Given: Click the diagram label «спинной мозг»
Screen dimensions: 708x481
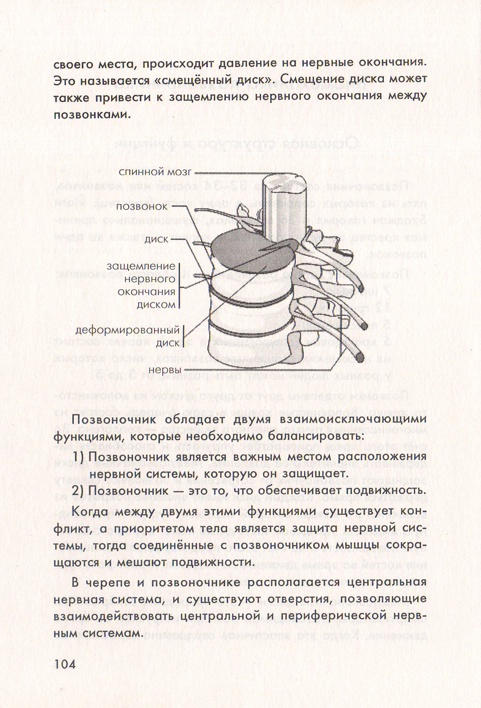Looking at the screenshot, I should point(155,172).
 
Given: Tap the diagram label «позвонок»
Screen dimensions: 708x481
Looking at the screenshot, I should point(142,206).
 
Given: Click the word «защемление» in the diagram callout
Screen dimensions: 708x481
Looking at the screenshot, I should point(141,266).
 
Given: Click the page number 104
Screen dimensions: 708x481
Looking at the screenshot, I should point(64,665).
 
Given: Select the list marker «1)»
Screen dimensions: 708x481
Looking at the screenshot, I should point(79,457).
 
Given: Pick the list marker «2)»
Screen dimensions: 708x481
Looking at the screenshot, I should point(79,490).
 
